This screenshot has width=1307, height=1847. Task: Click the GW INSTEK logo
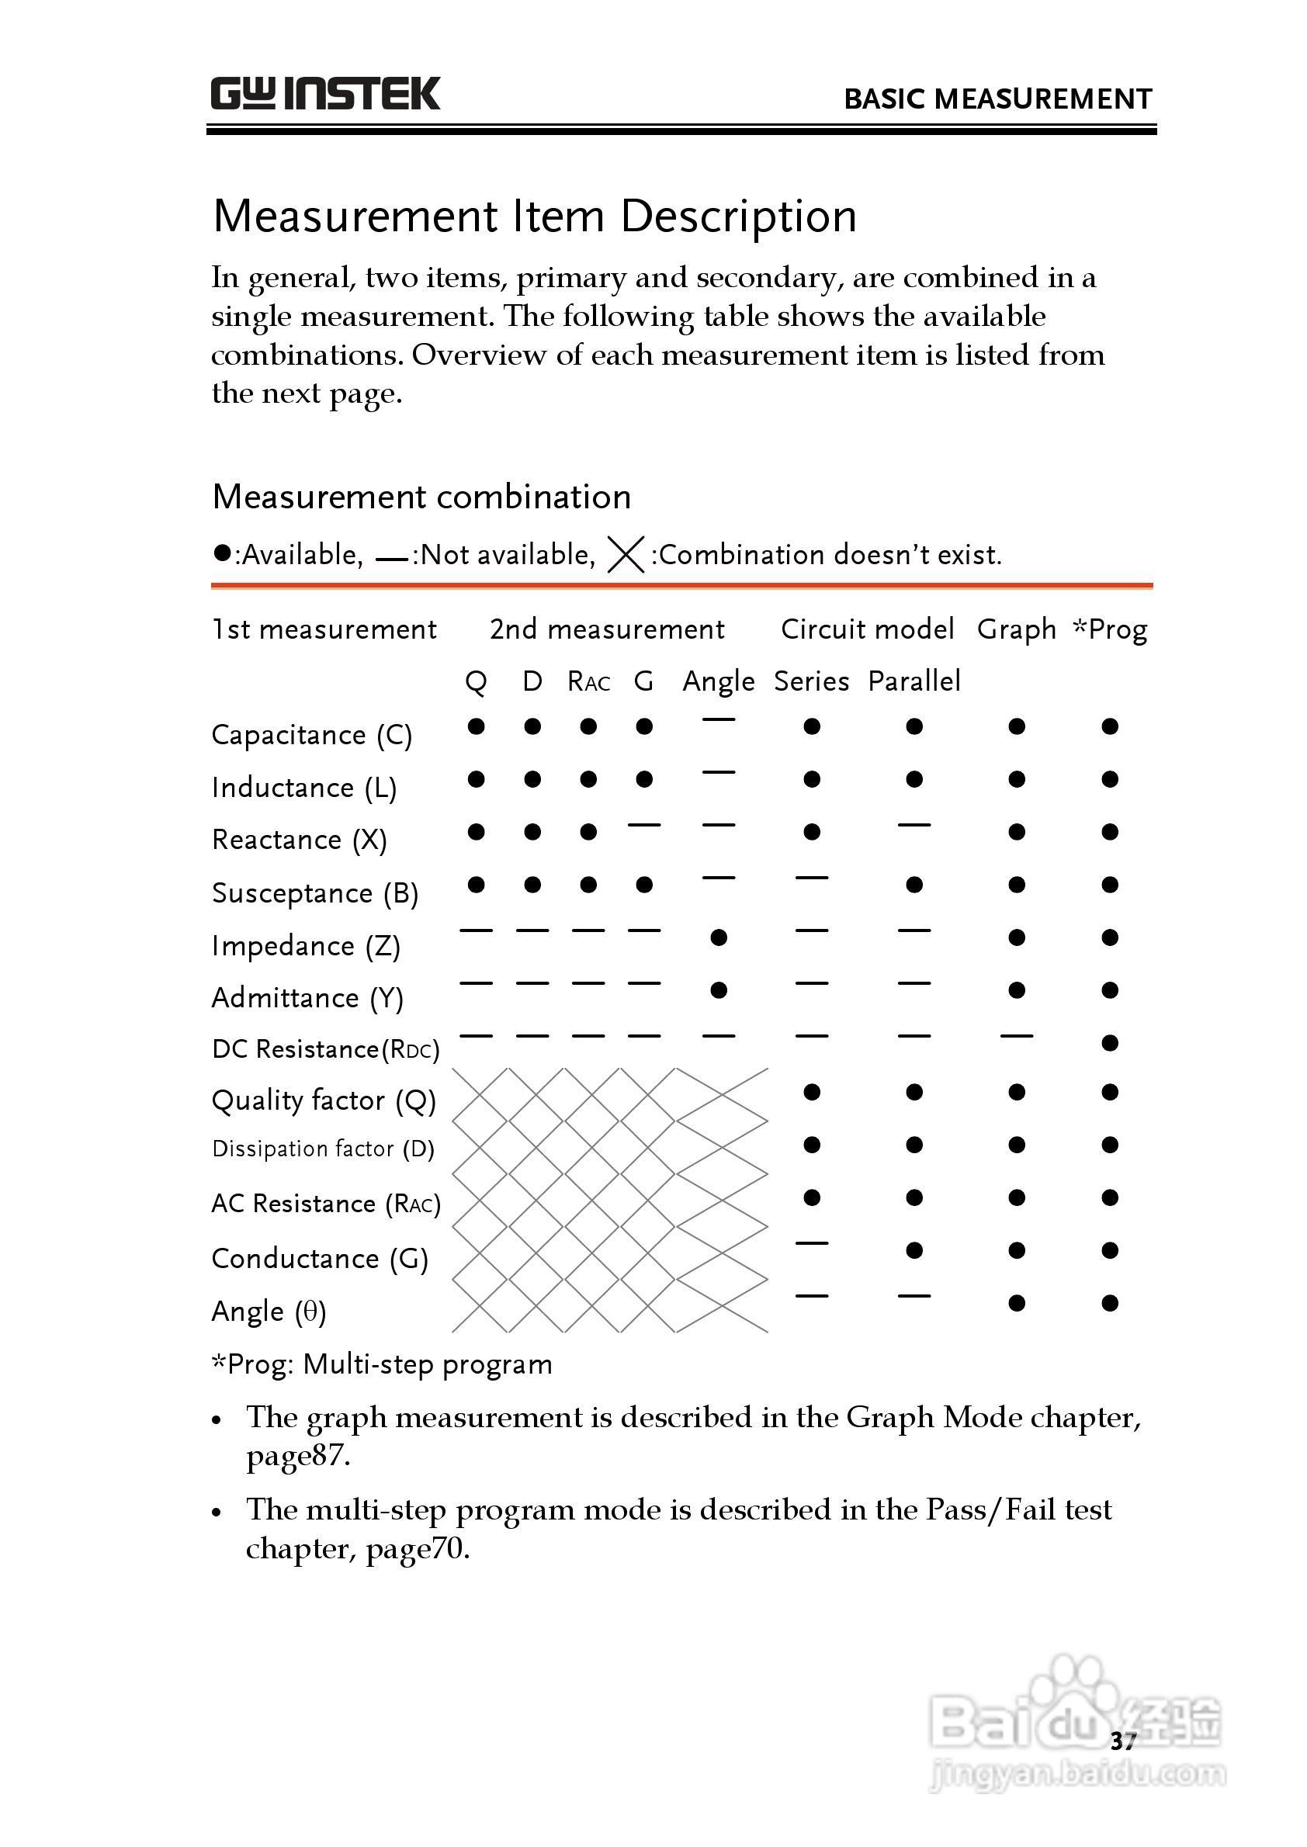coord(325,94)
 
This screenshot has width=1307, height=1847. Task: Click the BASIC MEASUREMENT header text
coord(997,99)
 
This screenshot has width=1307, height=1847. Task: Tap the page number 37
coord(1122,1741)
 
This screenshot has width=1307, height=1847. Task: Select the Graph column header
coord(1016,629)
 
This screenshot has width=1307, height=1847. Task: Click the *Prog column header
coord(1110,629)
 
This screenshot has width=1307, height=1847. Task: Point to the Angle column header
coord(718,681)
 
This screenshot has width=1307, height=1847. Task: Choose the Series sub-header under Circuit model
coord(811,681)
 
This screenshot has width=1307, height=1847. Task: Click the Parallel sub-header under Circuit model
coord(914,681)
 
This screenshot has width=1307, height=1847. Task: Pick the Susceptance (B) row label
coord(314,893)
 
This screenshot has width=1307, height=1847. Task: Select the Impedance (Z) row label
coord(306,946)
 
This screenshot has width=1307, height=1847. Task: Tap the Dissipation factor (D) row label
coord(323,1149)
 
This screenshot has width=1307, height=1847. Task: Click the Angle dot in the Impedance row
coord(719,937)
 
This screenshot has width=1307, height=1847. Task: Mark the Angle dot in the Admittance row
coord(719,991)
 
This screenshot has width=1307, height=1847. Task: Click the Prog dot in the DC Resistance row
coord(1110,1043)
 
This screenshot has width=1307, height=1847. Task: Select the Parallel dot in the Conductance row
coord(914,1250)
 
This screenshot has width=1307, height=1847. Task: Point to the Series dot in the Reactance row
coord(811,832)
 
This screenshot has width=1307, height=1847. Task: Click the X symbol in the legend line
coord(626,555)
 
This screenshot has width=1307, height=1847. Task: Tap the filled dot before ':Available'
coord(222,553)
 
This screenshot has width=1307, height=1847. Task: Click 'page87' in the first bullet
coord(298,1456)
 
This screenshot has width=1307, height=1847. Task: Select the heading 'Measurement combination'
coord(421,497)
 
